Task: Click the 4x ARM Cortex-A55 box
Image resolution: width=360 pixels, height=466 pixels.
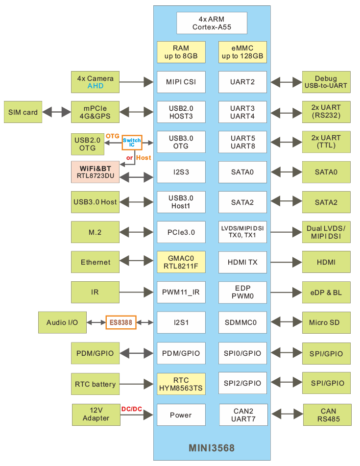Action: tap(212, 23)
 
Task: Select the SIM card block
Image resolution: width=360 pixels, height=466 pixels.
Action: tap(23, 112)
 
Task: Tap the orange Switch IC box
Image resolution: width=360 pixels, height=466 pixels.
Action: tap(132, 143)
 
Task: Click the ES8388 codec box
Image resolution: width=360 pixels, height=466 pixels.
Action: tap(121, 322)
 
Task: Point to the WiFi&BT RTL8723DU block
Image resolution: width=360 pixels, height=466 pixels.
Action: tap(95, 172)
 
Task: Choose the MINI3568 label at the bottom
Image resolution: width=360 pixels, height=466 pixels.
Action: tap(212, 448)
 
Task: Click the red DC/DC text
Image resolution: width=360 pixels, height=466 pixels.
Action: tap(131, 409)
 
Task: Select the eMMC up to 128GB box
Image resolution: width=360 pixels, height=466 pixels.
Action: tap(242, 52)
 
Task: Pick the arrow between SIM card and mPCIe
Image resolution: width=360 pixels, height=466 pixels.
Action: tap(56, 112)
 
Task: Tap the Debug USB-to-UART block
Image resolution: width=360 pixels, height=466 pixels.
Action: tap(326, 82)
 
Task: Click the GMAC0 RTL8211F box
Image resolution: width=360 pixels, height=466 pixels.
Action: tap(181, 262)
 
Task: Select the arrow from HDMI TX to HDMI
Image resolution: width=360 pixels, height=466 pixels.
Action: tap(285, 262)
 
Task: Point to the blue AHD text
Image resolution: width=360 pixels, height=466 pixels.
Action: tap(96, 86)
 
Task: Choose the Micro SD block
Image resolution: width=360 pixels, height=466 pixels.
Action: tap(326, 322)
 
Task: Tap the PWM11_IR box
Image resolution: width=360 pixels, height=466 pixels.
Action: tap(181, 293)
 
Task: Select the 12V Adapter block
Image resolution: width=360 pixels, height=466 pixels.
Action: tap(96, 415)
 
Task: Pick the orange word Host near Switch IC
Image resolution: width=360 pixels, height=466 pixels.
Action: tap(144, 158)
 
